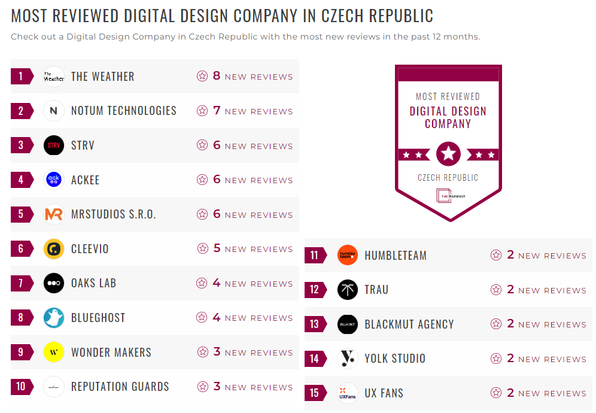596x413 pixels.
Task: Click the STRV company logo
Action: pyautogui.click(x=54, y=145)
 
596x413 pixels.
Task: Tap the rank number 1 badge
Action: pyautogui.click(x=22, y=76)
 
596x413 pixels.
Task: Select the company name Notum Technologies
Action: pyautogui.click(x=123, y=111)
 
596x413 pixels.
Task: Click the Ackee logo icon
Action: pyautogui.click(x=54, y=180)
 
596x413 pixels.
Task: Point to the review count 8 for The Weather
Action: pyautogui.click(x=217, y=76)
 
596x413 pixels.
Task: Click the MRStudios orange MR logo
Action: pyautogui.click(x=54, y=214)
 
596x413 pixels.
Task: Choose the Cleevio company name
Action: pyautogui.click(x=90, y=249)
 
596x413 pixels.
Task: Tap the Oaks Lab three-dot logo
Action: pyautogui.click(x=54, y=283)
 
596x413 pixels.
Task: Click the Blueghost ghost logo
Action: pyautogui.click(x=54, y=318)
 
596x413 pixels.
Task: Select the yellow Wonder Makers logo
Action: pyautogui.click(x=54, y=352)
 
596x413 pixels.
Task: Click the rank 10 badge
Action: pyautogui.click(x=22, y=387)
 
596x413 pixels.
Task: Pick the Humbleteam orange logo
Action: pyautogui.click(x=348, y=256)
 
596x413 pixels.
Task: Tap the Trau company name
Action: pyautogui.click(x=376, y=290)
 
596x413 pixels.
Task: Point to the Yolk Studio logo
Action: pyautogui.click(x=348, y=359)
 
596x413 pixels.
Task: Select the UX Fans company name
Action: pyautogui.click(x=384, y=393)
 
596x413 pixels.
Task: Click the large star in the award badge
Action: pyautogui.click(x=448, y=154)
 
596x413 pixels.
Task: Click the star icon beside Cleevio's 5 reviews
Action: pyautogui.click(x=202, y=249)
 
